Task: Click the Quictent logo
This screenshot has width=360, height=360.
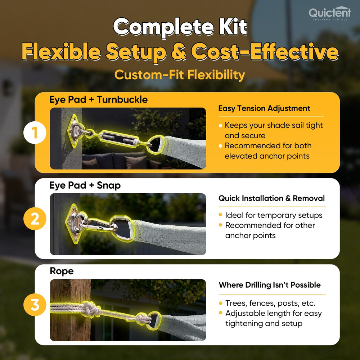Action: [330, 13]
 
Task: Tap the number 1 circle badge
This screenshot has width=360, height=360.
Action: [35, 133]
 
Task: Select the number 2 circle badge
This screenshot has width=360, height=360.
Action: [35, 219]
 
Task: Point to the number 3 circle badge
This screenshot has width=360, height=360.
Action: [35, 305]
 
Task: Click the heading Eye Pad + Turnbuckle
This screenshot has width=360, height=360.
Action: [99, 100]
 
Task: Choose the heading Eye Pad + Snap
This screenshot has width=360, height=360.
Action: [85, 185]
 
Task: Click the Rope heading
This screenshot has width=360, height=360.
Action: [62, 271]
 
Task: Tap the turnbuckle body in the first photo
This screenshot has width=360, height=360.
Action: [119, 139]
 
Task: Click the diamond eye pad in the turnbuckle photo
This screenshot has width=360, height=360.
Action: [76, 131]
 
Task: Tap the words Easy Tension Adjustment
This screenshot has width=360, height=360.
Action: [264, 108]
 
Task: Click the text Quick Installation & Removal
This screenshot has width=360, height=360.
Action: [271, 198]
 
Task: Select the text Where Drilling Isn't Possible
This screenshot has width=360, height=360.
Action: [270, 285]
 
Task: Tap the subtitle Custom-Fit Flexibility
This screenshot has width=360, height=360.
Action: [180, 75]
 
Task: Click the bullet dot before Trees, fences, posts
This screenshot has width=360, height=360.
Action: [221, 303]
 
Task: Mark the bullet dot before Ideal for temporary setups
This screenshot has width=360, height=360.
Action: [220, 215]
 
